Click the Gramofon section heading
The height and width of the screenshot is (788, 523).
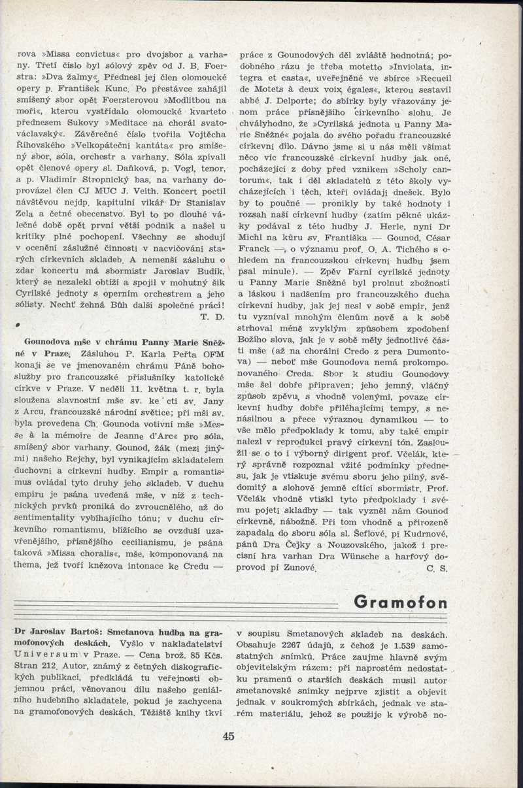(401, 602)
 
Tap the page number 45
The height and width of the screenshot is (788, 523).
(228, 736)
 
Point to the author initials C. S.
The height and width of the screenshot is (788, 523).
(436, 568)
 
